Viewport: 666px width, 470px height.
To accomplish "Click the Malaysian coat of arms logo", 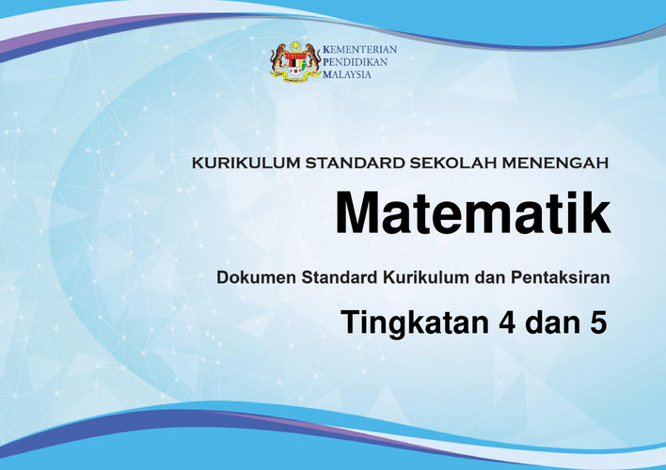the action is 295,62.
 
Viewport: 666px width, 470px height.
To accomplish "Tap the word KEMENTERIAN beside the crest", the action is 359,49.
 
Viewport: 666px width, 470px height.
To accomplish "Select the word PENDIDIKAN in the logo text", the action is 355,62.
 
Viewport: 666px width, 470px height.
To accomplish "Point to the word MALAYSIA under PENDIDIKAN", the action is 347,74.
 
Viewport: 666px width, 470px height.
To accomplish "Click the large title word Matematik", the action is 473,212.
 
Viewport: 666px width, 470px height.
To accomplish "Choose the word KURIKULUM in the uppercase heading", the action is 246,163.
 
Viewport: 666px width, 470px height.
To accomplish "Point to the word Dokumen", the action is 256,277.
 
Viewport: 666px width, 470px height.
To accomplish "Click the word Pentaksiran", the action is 561,277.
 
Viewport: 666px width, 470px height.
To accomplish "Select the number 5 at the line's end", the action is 598,323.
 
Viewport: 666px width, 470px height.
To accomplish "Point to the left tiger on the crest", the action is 278,61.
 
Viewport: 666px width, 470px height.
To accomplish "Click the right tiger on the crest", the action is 312,61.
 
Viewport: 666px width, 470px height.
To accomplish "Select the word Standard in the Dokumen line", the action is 340,277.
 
